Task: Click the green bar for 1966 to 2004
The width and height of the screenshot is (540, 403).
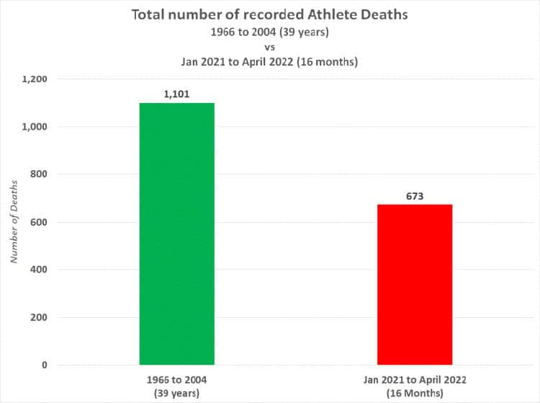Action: [x=176, y=234]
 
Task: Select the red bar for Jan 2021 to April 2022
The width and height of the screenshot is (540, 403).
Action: [x=415, y=285]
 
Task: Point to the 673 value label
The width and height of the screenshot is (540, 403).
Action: [x=415, y=196]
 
